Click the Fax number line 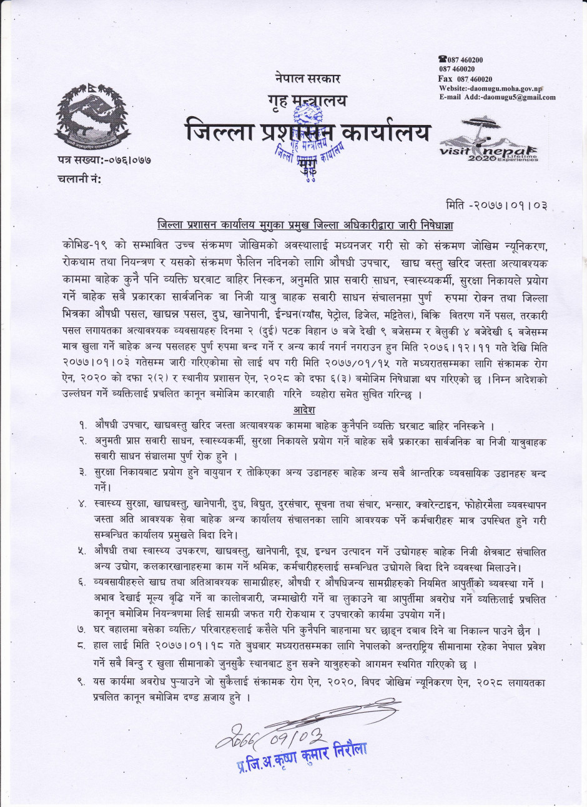click(465, 79)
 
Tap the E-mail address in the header click(497, 97)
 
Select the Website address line click(490, 88)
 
